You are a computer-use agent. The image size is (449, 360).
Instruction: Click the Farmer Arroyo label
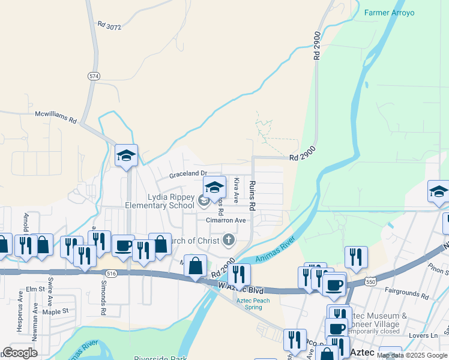point(389,13)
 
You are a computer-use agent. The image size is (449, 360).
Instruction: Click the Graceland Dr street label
point(187,175)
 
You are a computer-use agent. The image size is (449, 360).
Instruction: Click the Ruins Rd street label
point(253,196)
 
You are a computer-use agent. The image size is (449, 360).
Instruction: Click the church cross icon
point(228,241)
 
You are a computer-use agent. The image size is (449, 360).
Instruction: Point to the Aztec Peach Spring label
point(253,304)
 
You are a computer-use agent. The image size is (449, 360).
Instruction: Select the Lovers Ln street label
point(426,335)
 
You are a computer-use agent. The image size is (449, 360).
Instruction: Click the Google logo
point(20,353)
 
